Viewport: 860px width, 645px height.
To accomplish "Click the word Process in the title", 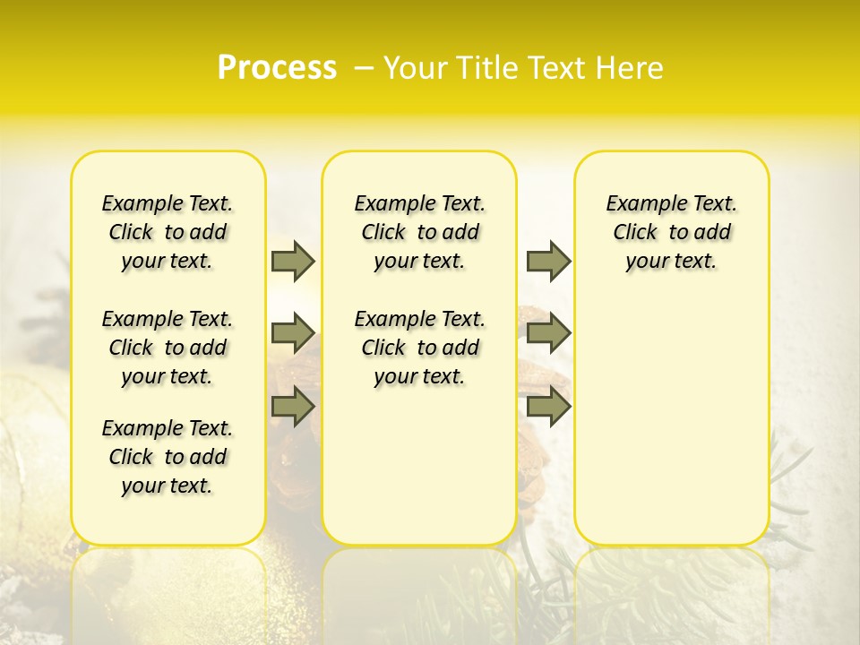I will (277, 67).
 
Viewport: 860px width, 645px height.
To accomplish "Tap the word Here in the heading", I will (631, 68).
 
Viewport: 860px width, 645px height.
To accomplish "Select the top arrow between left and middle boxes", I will (293, 261).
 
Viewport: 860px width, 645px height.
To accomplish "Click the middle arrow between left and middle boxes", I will (293, 333).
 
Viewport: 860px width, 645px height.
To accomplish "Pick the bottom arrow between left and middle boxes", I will (293, 406).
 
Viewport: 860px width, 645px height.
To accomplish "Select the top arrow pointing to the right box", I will (548, 261).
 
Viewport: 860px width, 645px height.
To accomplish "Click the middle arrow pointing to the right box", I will (548, 333).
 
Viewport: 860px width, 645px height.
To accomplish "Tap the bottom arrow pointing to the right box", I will (548, 406).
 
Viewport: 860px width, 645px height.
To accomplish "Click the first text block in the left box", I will (168, 232).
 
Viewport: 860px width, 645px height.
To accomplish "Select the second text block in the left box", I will (168, 348).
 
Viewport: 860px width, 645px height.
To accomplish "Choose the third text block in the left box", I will (168, 457).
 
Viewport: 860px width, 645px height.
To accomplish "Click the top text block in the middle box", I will (419, 232).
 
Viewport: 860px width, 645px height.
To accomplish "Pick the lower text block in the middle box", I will (419, 348).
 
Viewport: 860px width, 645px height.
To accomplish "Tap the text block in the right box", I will (671, 232).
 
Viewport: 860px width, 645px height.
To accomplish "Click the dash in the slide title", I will (364, 68).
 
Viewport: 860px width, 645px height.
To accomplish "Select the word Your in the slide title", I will (416, 68).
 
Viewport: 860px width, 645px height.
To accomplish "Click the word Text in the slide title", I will (559, 68).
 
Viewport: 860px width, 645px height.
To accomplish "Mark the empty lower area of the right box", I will (671, 412).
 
